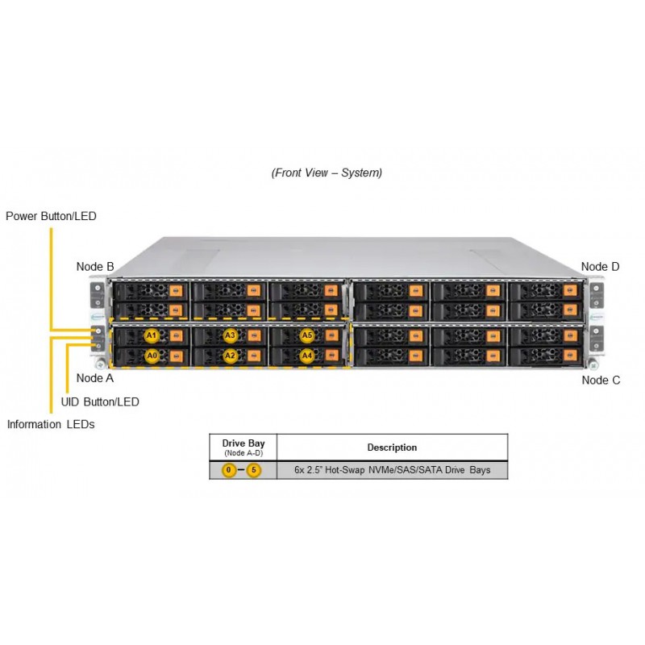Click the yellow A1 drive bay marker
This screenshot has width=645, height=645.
(x=152, y=335)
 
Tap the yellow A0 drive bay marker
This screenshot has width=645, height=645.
(x=152, y=356)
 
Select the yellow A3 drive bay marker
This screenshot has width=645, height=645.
(x=230, y=335)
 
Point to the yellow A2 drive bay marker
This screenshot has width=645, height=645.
(x=230, y=356)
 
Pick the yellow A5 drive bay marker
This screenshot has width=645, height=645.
(x=307, y=335)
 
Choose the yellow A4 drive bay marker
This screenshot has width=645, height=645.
(x=307, y=356)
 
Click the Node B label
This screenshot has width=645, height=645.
(x=95, y=267)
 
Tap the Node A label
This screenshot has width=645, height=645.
(x=95, y=378)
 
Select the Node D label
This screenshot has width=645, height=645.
(x=600, y=267)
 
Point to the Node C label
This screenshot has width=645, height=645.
(x=601, y=380)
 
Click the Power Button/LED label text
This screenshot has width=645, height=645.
(x=51, y=216)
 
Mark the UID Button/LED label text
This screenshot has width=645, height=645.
(x=100, y=402)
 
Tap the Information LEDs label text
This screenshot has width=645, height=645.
(x=51, y=424)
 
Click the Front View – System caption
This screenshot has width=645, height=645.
(x=327, y=173)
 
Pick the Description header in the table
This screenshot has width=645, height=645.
(x=392, y=447)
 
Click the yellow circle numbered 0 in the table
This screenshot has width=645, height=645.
(x=229, y=470)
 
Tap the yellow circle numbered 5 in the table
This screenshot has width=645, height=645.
(x=254, y=470)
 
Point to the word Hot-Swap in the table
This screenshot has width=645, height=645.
(x=345, y=470)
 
